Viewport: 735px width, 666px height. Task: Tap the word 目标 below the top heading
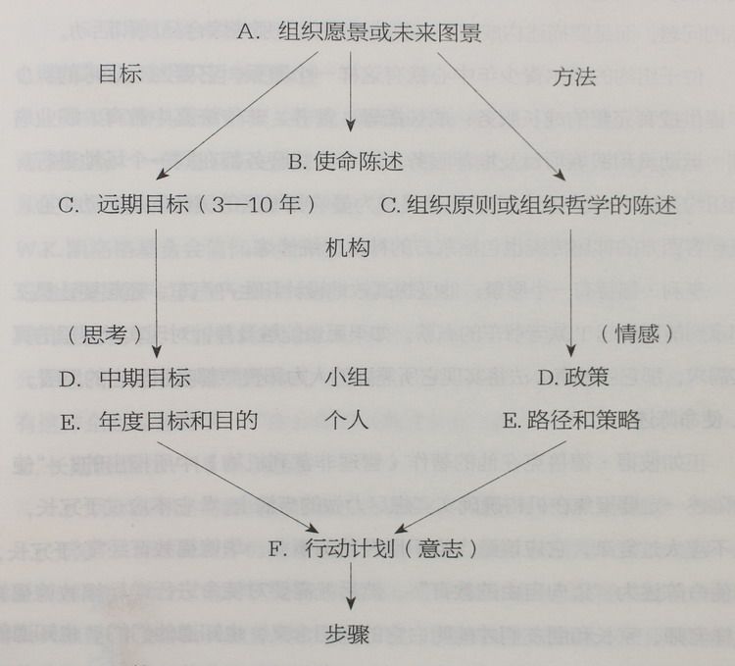click(x=121, y=76)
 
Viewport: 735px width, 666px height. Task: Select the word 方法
click(x=575, y=77)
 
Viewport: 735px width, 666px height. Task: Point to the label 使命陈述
click(x=358, y=161)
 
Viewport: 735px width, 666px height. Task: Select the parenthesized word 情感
click(x=637, y=334)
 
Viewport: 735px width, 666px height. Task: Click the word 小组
click(x=348, y=378)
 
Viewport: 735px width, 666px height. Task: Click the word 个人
click(x=347, y=421)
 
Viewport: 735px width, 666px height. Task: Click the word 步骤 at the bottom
click(x=349, y=633)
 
